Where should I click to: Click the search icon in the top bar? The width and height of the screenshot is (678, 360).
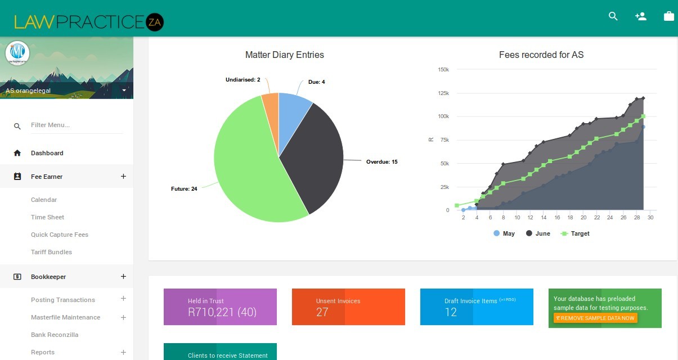click(x=613, y=16)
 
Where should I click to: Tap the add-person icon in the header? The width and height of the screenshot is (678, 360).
click(x=640, y=16)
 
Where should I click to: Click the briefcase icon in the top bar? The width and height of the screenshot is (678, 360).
click(x=669, y=16)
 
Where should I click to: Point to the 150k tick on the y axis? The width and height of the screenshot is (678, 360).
click(x=443, y=70)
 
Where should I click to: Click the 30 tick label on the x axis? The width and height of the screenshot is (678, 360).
click(x=650, y=218)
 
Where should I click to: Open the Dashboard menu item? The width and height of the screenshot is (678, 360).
click(x=47, y=153)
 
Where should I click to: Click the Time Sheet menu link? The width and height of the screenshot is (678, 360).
click(x=47, y=217)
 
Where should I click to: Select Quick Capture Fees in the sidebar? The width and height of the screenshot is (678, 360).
click(x=60, y=235)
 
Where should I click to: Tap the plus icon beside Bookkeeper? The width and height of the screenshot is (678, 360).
click(x=123, y=277)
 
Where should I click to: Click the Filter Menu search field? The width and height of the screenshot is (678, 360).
click(x=76, y=125)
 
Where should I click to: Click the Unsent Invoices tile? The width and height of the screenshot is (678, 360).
click(x=348, y=307)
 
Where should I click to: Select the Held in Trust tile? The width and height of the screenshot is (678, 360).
click(x=220, y=307)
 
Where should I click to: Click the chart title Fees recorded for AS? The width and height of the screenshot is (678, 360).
click(x=541, y=55)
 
